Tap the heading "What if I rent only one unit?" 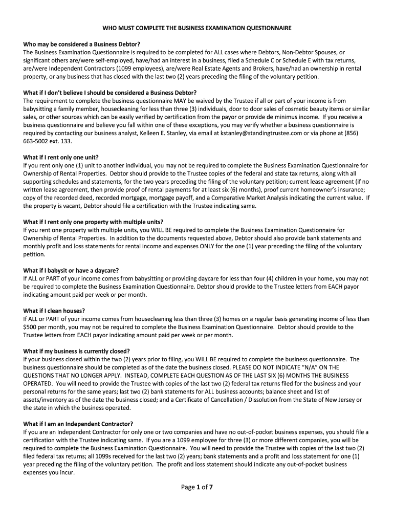point(61,157)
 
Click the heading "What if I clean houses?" point(54,311)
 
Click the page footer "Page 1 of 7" point(197,487)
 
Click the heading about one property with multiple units point(94,222)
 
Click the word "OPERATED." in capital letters point(38,383)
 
